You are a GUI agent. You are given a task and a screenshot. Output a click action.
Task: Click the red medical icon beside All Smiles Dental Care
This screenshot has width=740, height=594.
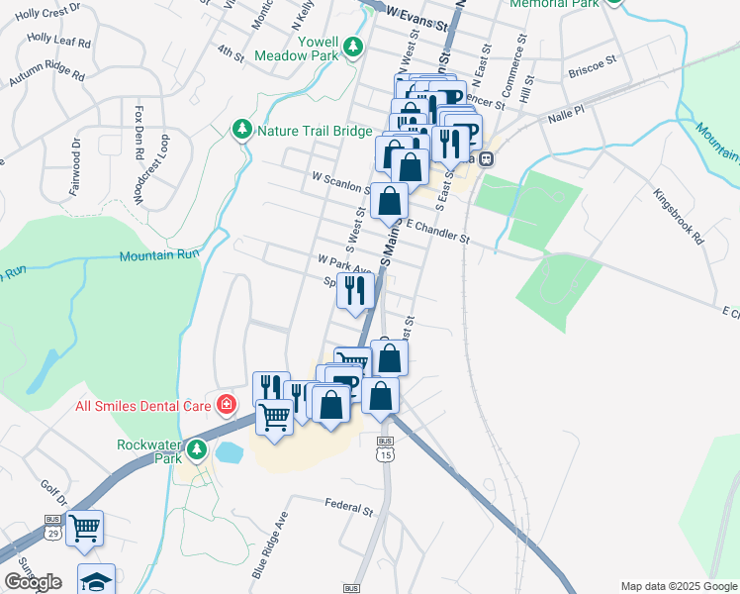(x=227, y=404)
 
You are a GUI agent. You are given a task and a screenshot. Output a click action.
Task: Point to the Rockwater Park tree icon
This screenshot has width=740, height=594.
(x=197, y=451)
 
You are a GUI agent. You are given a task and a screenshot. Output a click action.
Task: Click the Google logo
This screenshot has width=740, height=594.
(x=33, y=582)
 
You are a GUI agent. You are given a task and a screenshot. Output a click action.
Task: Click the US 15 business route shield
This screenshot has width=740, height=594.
(x=385, y=449)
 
